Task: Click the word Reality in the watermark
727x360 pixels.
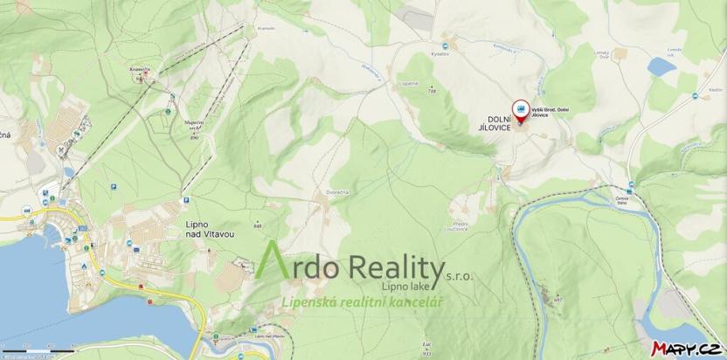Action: (401, 263)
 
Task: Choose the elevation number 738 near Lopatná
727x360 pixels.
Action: (432, 91)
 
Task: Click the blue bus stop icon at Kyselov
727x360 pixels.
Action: (445, 45)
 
